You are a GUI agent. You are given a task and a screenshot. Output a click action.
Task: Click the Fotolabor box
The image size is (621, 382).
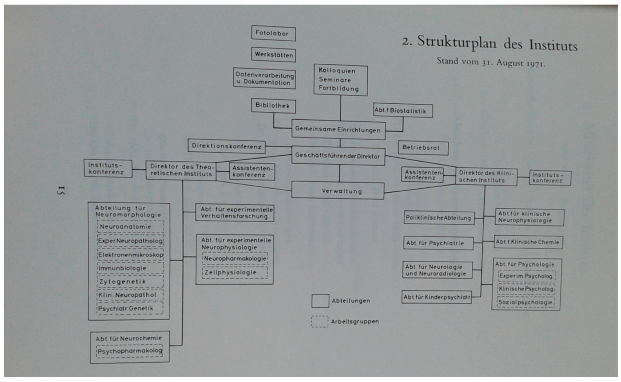point(273,33)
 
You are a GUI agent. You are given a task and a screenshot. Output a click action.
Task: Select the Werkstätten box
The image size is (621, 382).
point(273,54)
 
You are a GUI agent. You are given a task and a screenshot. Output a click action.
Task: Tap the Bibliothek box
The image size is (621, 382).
point(273,106)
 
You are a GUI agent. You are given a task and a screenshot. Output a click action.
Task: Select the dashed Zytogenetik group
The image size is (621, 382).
point(130,281)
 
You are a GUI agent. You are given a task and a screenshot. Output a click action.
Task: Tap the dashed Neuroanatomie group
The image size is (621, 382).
point(130,227)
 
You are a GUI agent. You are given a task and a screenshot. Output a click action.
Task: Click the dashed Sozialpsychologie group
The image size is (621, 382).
point(526,302)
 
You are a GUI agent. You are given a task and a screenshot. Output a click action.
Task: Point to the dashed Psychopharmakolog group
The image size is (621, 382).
point(129,351)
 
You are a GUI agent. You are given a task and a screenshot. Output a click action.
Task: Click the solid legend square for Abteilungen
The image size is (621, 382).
point(320,301)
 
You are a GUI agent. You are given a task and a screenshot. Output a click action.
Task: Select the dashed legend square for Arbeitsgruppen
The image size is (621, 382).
point(320,321)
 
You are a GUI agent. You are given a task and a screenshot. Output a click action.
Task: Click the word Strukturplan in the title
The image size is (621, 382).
point(457,42)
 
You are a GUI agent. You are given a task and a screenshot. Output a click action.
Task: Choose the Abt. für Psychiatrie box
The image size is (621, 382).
point(438,243)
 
